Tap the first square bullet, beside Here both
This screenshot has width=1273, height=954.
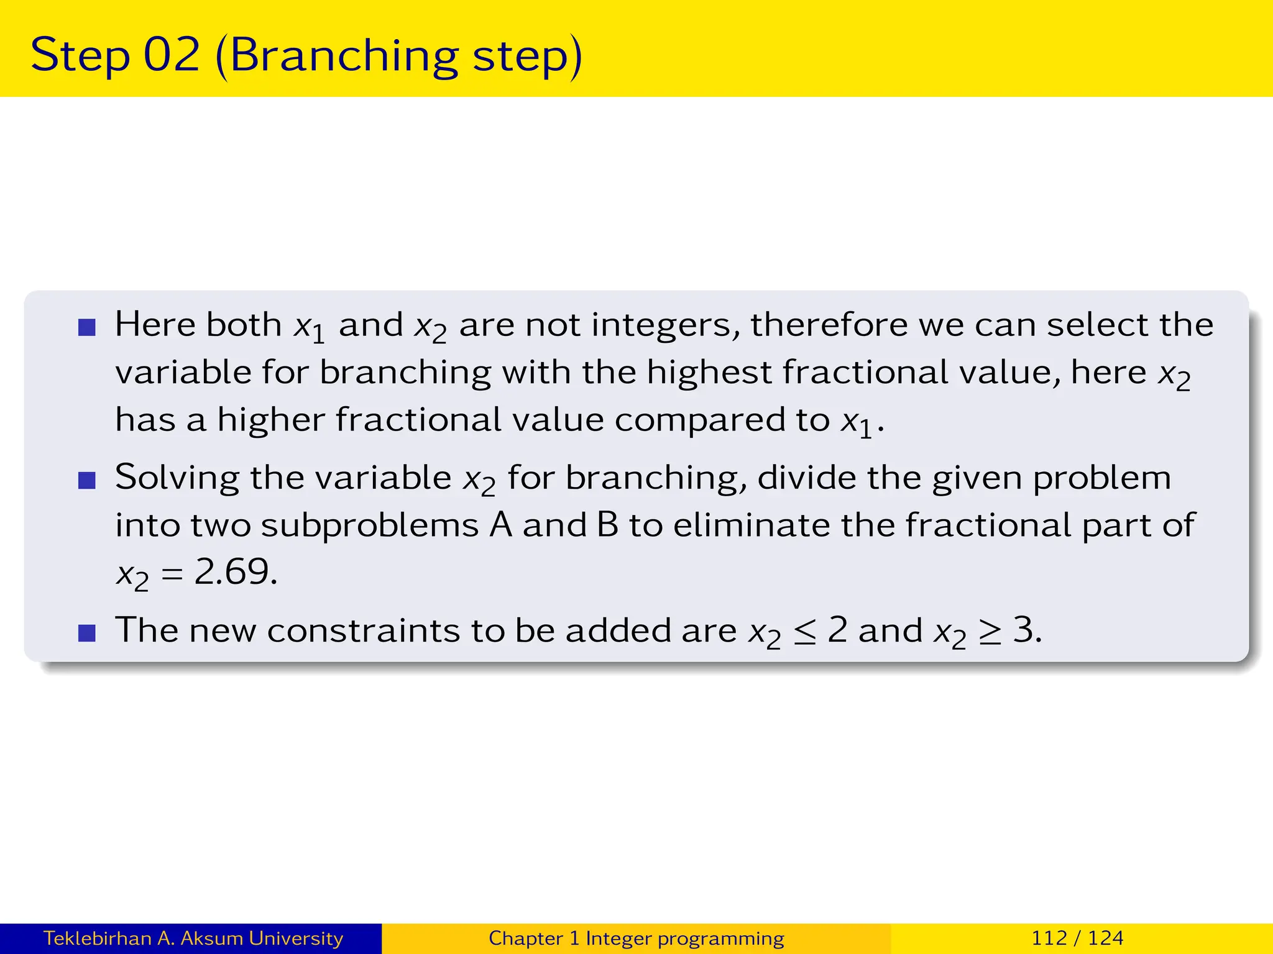[x=87, y=327]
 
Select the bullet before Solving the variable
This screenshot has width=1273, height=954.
[x=87, y=480]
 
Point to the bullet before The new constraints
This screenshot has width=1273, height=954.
[x=87, y=633]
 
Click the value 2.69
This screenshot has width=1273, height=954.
[x=235, y=571]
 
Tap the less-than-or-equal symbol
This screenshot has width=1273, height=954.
[x=805, y=632]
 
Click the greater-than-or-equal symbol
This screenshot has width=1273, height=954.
[x=990, y=632]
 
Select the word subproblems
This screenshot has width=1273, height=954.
[x=369, y=525]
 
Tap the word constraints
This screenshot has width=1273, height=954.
[x=363, y=630]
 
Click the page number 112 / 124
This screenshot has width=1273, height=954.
[x=1077, y=938]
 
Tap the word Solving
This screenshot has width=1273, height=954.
[x=177, y=478]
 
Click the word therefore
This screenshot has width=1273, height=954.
[x=829, y=325]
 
